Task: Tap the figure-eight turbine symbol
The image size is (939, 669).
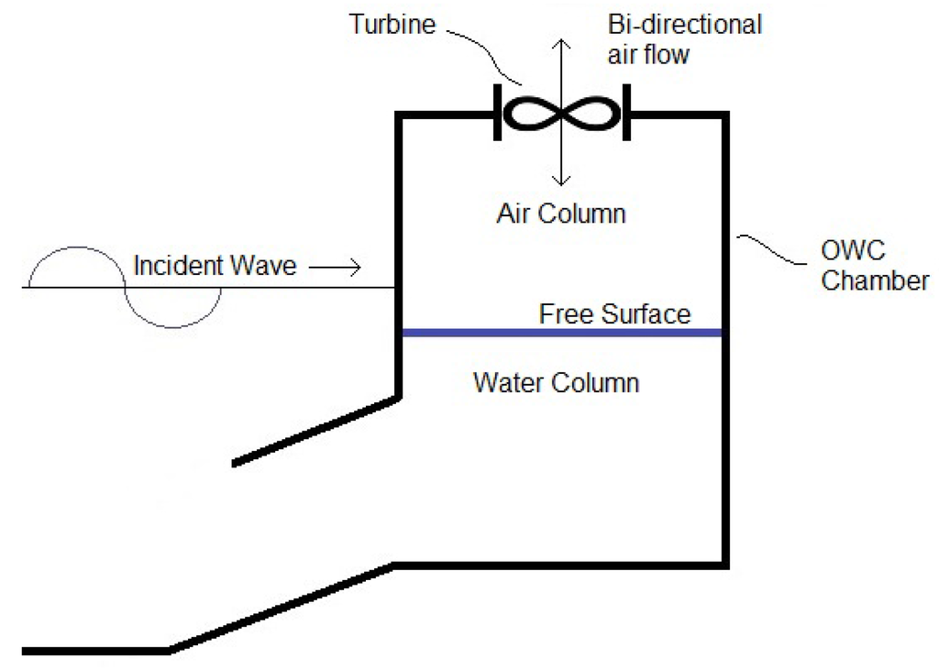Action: coord(562,115)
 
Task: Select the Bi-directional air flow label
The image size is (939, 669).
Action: coord(685,39)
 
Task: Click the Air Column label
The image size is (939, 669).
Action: coord(561,214)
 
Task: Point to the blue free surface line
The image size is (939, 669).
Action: coord(562,333)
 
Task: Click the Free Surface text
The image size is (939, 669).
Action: coord(614,314)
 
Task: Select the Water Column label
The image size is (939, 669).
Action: coord(556,382)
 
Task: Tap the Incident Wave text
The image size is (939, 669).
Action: coord(215,267)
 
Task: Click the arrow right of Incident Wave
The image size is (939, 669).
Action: coord(336,268)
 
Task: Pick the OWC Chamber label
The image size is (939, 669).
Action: coord(874,266)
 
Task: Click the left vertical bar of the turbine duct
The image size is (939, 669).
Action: coord(498,113)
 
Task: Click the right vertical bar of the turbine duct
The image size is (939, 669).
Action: coord(627,113)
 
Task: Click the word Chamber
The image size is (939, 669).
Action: coord(875,280)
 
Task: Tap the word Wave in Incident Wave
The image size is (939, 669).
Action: coord(263,267)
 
